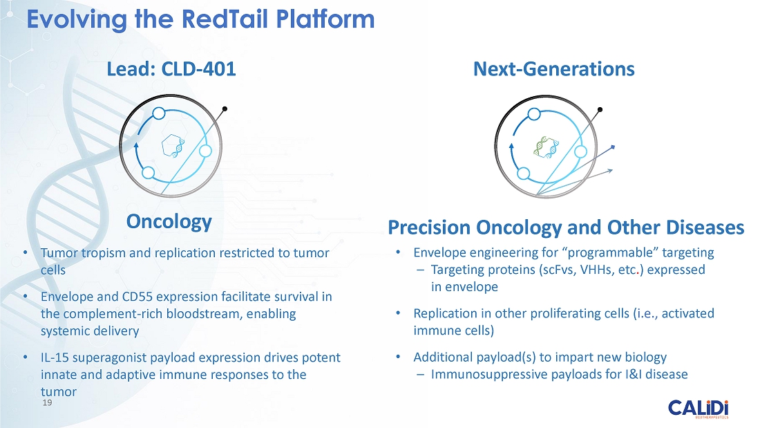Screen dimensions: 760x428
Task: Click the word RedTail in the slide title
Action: (225, 19)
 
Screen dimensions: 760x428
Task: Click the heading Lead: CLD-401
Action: (171, 69)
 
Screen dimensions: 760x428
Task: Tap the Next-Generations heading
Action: (553, 69)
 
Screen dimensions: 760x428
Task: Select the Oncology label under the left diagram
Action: (169, 222)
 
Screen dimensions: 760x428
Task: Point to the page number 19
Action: (47, 403)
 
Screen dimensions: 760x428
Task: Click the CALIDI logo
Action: (698, 409)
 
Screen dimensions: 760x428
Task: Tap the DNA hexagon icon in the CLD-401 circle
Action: (173, 146)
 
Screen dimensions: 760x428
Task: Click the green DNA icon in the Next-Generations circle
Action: (547, 147)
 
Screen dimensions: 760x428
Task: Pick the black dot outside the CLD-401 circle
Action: (225, 109)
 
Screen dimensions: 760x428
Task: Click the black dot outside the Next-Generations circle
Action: (600, 110)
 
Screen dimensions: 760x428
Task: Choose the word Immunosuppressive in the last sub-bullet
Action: (490, 375)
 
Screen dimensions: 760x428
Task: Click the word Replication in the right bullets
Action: (445, 313)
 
